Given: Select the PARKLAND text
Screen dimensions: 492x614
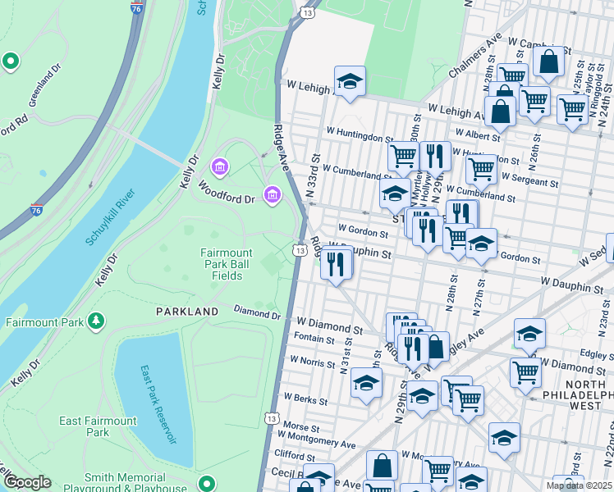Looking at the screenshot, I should pos(188,312).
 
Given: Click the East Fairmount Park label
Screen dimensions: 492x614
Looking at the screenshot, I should pos(98,426).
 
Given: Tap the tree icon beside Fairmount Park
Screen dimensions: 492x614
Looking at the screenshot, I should pos(97,319).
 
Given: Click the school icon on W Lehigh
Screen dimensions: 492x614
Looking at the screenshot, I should pos(350,81).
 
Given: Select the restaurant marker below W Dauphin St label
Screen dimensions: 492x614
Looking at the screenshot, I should pos(336,263).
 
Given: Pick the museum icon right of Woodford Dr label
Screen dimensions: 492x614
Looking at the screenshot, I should pos(273,194).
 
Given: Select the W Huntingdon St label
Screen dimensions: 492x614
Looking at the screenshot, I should pos(360,134).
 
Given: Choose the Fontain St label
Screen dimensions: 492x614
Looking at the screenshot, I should pos(314,339).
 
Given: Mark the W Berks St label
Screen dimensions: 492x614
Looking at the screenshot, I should pos(305,402).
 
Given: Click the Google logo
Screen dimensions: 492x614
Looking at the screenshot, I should pos(26,482).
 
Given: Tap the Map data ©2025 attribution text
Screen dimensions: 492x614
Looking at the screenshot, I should pos(580,485).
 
